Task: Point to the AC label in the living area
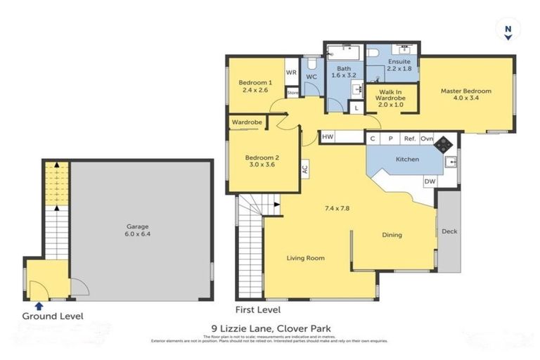point(304,169)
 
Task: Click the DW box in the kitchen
point(429,181)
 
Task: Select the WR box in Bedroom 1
point(291,73)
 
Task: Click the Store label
point(292,91)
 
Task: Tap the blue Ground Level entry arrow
point(39,306)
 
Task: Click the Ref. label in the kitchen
point(409,139)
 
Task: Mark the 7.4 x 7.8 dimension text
point(337,208)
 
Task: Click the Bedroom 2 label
point(261,161)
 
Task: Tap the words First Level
point(258,309)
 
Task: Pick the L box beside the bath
point(357,108)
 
